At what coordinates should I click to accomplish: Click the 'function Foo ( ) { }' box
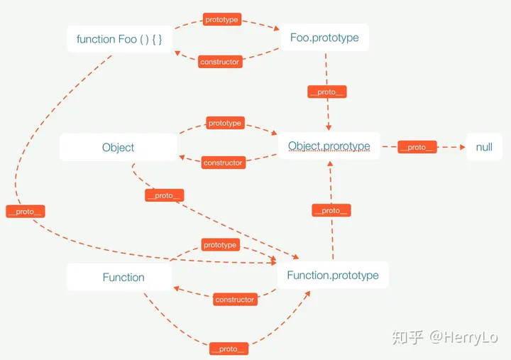[119, 39]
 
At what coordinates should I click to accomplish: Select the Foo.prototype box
[324, 38]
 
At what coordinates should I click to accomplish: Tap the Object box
[118, 148]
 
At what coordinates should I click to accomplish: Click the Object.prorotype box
[329, 146]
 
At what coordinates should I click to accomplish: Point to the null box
[484, 147]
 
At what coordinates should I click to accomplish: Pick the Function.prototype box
[333, 276]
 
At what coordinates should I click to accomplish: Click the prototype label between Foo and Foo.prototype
[222, 19]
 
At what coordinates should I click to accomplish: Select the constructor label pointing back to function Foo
[220, 62]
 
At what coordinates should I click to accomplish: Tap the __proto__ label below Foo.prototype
[327, 92]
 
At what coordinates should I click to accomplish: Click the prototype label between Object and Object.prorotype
[225, 123]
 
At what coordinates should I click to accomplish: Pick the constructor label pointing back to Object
[224, 163]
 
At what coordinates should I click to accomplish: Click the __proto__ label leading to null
[417, 147]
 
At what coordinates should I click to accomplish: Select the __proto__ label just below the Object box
[165, 195]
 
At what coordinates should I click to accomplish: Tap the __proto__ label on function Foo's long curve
[26, 212]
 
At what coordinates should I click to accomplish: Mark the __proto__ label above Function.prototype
[331, 210]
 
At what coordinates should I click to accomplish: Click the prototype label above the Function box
[220, 245]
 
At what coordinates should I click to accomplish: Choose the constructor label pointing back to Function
[235, 300]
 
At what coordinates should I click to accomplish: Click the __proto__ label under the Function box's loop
[229, 349]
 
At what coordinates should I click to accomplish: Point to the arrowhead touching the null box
[463, 147]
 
